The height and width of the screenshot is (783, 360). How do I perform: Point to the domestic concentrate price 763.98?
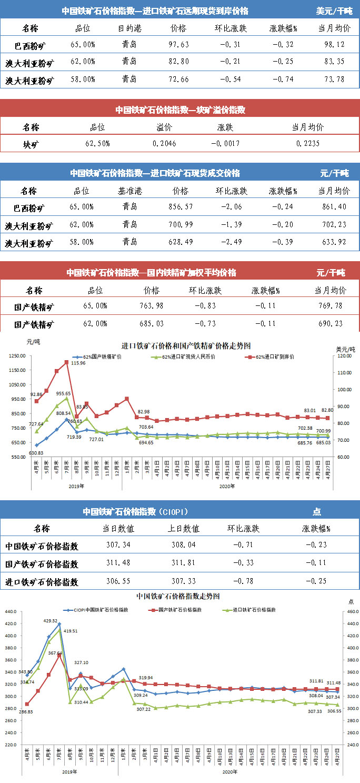point(152,306)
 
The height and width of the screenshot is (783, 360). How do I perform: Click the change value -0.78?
point(243,582)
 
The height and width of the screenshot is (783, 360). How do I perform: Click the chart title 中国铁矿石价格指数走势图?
point(178,597)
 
